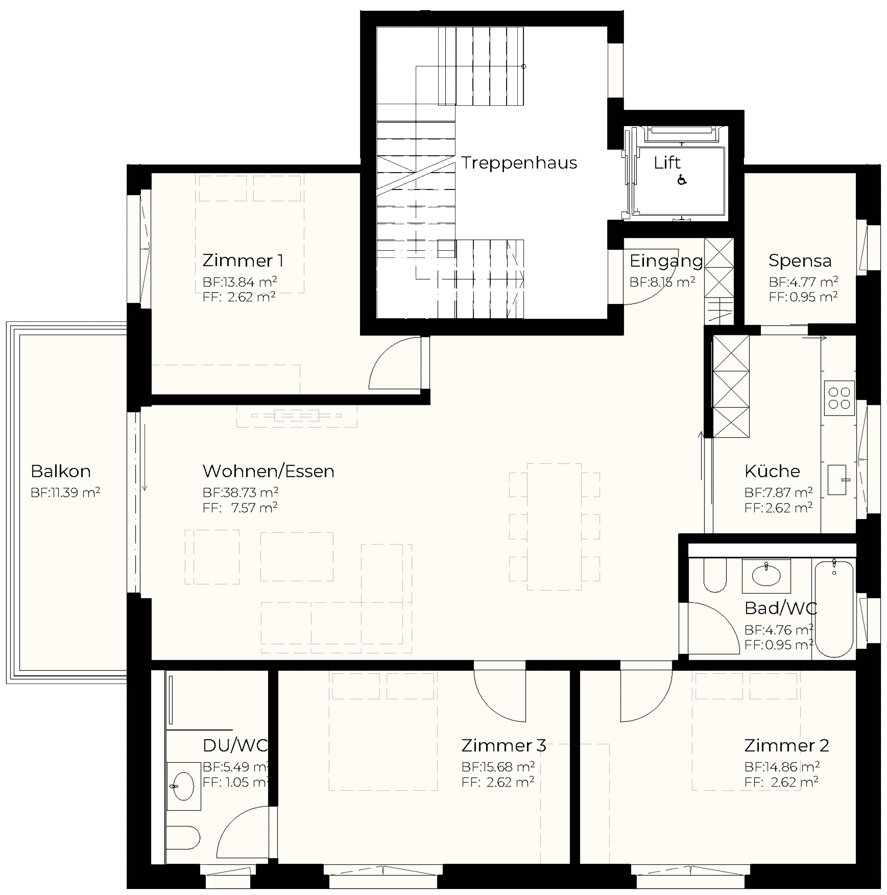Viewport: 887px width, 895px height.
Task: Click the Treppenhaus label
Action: coord(519,163)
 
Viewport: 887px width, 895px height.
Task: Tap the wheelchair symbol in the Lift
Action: coord(682,180)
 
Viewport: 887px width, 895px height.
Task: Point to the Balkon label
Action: coord(61,471)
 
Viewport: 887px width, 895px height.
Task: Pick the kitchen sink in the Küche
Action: coord(837,480)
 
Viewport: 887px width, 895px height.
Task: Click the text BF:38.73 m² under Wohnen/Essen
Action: coord(240,492)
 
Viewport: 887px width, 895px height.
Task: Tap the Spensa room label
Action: coord(800,261)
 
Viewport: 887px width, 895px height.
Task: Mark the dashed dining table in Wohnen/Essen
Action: coord(554,527)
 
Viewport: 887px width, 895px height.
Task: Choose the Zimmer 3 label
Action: coord(504,745)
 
